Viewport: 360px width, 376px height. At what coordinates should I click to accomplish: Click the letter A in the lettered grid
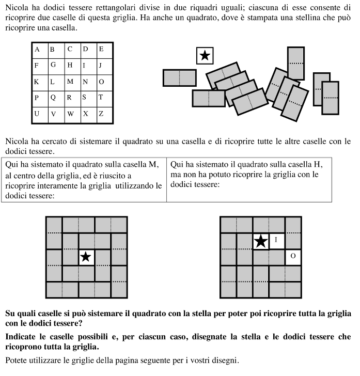pyautogui.click(x=37, y=50)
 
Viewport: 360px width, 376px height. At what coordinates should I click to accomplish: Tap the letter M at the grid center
pyautogui.click(x=70, y=82)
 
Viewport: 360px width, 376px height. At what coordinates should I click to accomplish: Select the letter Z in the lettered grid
pyautogui.click(x=101, y=114)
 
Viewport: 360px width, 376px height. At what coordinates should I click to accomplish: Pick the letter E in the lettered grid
pyautogui.click(x=101, y=50)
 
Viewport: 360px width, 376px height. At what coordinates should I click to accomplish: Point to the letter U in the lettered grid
pyautogui.click(x=37, y=114)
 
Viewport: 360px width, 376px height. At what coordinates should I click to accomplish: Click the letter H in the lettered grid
pyautogui.click(x=69, y=66)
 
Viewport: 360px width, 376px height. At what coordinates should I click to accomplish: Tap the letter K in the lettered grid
pyautogui.click(x=37, y=82)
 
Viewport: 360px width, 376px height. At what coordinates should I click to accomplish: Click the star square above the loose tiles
pyautogui.click(x=205, y=55)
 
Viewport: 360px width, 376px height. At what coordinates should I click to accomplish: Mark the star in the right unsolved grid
pyautogui.click(x=261, y=240)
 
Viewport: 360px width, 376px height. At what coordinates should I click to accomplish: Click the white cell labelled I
pyautogui.click(x=276, y=240)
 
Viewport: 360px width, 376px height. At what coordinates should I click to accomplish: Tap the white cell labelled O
pyautogui.click(x=293, y=256)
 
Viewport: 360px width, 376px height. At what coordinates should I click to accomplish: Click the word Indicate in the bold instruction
pyautogui.click(x=21, y=336)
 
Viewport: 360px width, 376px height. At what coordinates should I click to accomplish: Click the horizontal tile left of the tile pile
pyautogui.click(x=179, y=77)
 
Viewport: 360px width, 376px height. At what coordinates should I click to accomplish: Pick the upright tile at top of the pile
pyautogui.click(x=295, y=63)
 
